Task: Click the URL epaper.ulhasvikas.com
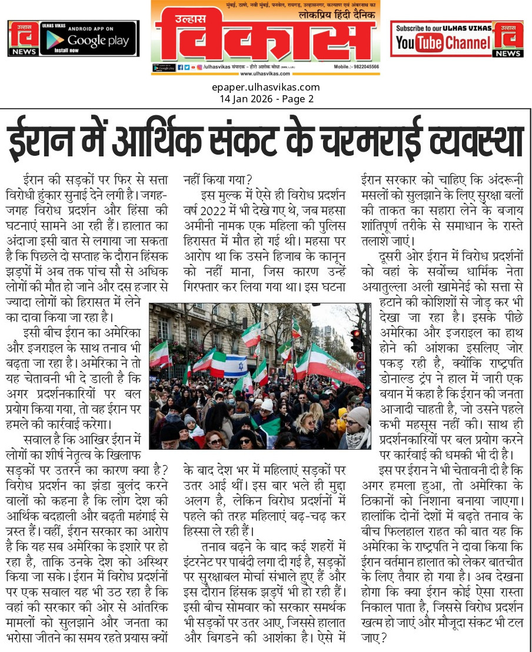pyautogui.click(x=266, y=88)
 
